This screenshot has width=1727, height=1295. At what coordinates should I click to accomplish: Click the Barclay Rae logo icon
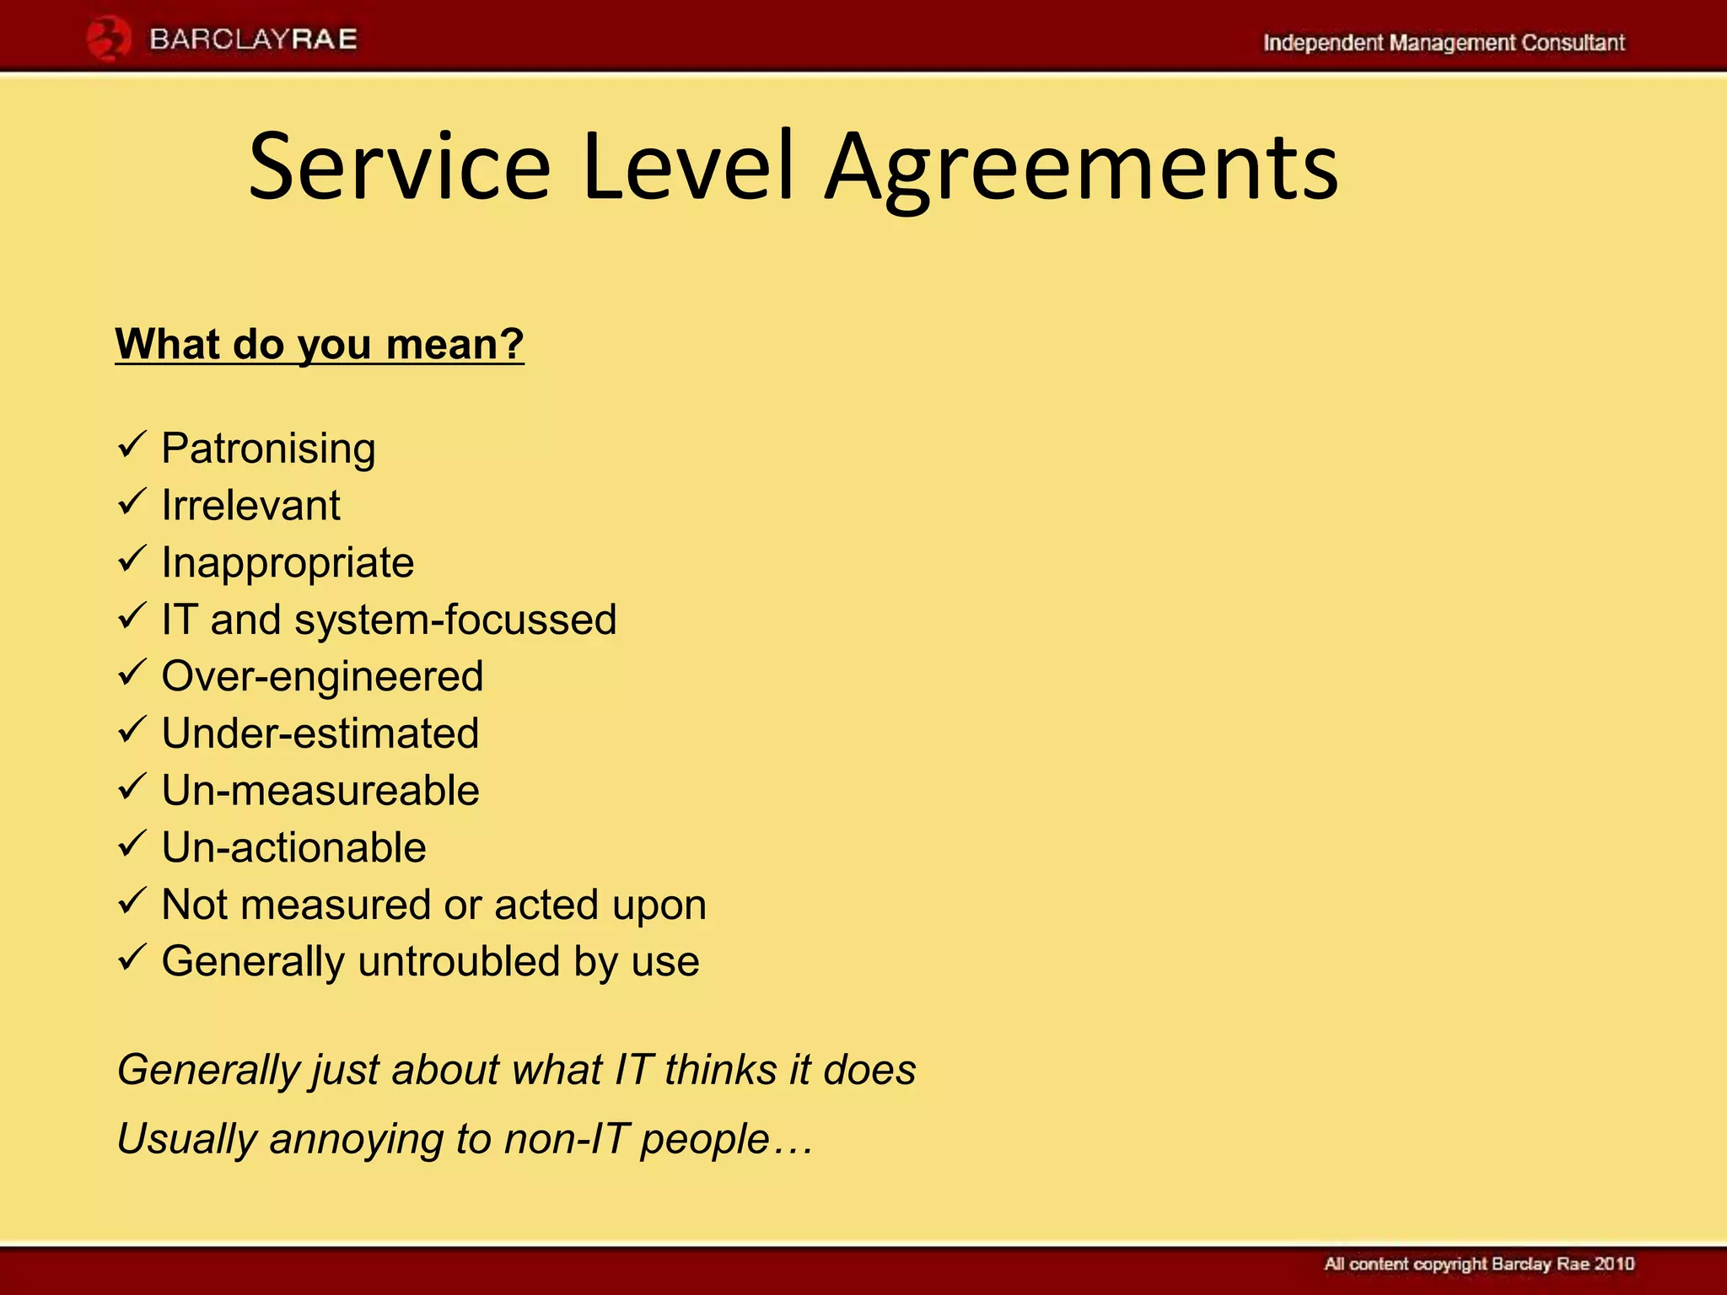108,40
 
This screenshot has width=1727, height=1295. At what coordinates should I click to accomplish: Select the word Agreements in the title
1081,169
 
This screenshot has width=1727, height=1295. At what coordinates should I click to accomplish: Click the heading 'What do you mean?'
320,344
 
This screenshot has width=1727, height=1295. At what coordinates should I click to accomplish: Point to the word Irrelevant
250,505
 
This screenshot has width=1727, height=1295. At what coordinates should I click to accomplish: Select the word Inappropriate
288,562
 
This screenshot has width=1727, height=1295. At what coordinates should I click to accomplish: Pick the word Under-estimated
320,733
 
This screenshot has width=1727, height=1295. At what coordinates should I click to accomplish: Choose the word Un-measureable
320,790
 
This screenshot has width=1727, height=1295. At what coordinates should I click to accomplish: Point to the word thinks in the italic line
720,1069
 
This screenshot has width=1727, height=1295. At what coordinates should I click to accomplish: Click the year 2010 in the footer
1614,1264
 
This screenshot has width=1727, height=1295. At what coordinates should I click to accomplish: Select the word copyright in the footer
1450,1265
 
